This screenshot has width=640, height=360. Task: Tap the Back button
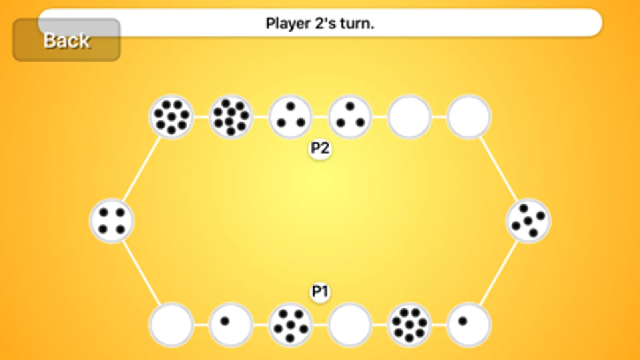coord(66,40)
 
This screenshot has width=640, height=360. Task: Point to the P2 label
coord(320,148)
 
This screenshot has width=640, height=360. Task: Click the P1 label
coord(320,291)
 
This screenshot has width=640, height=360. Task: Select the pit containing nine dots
coord(231,117)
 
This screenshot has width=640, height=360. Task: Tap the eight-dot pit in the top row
coord(171,117)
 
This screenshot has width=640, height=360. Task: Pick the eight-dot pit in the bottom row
coord(409,324)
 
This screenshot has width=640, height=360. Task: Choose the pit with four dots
coord(112,221)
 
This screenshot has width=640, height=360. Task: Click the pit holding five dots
coord(528,221)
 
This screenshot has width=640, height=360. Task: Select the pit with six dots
coord(290,324)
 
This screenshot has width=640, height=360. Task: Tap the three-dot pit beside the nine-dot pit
coord(290,117)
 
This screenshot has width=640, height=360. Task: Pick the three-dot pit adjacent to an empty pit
coord(350,117)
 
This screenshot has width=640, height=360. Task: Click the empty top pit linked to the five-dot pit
coord(469,117)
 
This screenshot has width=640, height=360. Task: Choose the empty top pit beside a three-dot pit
coord(409,117)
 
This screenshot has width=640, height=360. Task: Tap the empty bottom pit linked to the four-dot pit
coord(171,324)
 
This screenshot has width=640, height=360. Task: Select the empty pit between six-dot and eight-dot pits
coord(350,324)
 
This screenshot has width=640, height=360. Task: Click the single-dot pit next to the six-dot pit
coord(231,324)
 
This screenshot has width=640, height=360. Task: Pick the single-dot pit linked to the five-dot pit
coord(469,324)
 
